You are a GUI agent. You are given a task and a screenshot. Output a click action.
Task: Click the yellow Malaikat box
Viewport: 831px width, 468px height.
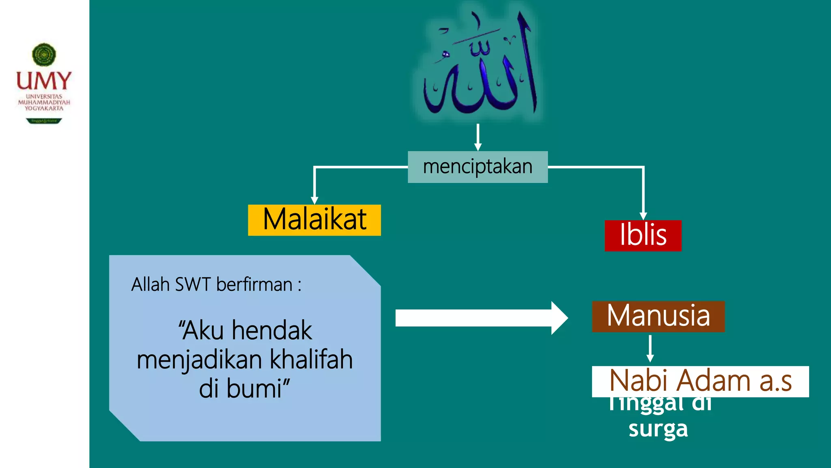314,220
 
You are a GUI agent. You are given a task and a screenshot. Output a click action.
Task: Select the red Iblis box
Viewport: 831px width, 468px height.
643,236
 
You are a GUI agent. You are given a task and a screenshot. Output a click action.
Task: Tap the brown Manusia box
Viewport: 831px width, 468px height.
658,316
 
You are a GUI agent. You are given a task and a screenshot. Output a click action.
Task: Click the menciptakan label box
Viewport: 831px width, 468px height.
478,167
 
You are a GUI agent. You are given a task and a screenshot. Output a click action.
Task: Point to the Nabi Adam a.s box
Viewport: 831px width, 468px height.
700,381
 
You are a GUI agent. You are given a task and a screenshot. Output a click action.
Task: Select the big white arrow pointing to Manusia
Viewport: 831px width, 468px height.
481,318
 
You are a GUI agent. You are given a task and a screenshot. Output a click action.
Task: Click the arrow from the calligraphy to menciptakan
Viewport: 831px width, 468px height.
478,137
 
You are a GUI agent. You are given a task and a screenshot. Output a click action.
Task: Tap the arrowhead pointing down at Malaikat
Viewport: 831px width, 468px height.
314,200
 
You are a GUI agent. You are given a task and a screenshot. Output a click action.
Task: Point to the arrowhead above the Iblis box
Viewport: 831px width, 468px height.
643,216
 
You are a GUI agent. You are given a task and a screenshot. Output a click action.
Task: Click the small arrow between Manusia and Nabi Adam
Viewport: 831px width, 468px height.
650,349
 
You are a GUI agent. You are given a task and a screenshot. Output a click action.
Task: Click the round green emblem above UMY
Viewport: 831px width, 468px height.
44,55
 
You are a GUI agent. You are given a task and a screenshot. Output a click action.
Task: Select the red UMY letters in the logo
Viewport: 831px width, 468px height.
44,81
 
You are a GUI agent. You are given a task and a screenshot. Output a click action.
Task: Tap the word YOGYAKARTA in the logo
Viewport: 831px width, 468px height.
44,108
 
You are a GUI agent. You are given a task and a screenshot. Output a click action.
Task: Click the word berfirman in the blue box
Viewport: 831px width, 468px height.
254,284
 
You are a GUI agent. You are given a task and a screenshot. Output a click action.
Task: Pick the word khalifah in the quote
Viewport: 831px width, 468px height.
311,360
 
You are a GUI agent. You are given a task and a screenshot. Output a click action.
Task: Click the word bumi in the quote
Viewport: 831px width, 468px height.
254,388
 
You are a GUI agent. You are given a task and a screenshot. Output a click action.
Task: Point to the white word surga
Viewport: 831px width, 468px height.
658,429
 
